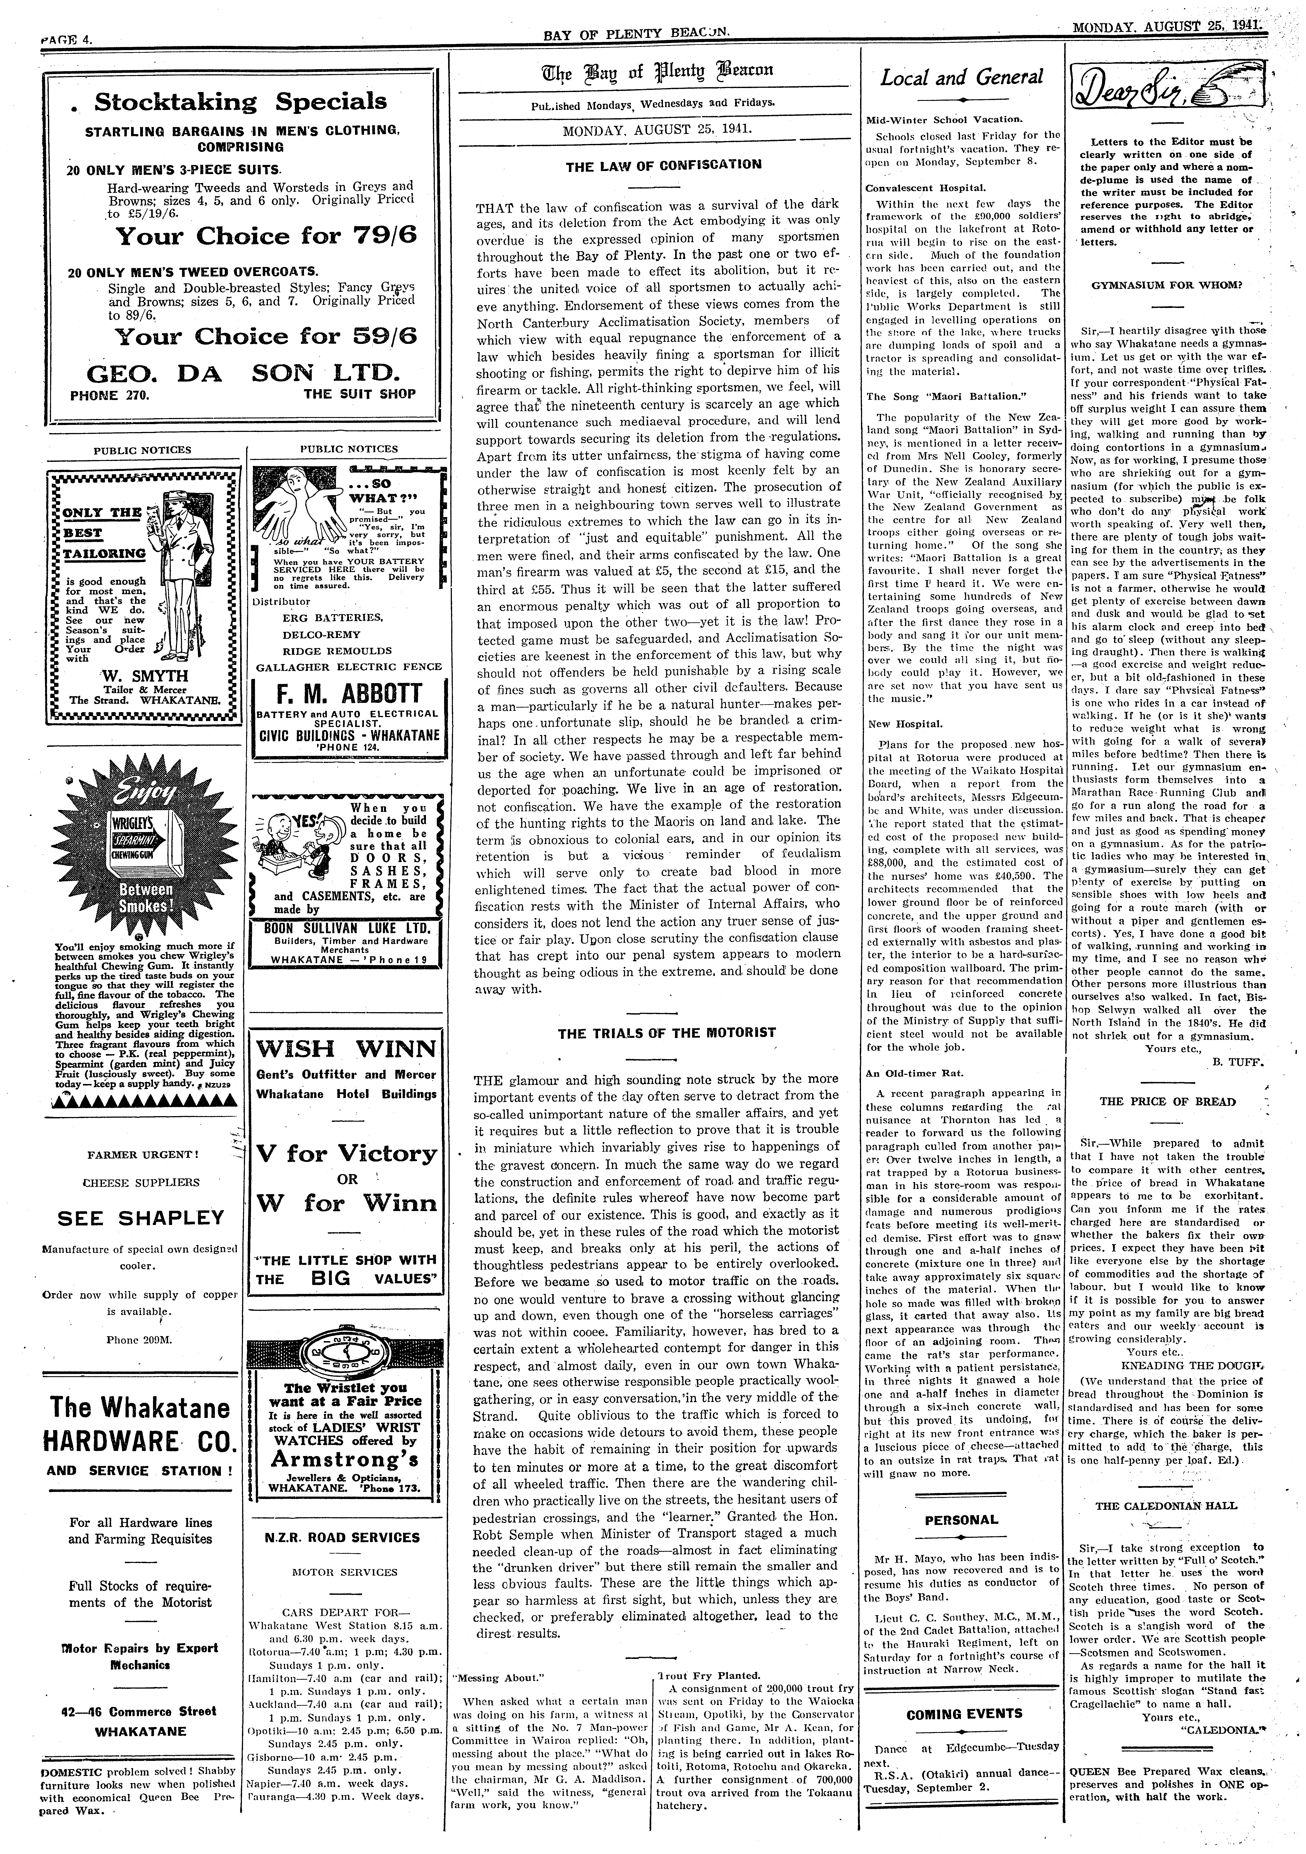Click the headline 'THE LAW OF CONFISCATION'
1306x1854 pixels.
pyautogui.click(x=663, y=165)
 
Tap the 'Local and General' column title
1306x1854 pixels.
pyautogui.click(x=962, y=78)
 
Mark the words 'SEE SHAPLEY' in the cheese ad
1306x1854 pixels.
pyautogui.click(x=141, y=1218)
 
